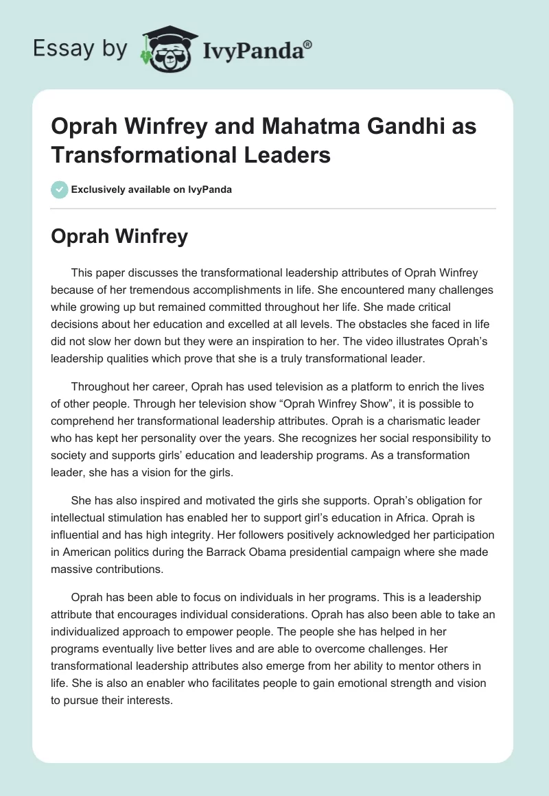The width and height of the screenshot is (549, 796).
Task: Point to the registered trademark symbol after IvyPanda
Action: pyautogui.click(x=308, y=43)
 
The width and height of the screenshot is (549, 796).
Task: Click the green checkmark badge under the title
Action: pyautogui.click(x=60, y=189)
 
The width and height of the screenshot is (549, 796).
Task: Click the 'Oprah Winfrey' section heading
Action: pyautogui.click(x=119, y=237)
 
